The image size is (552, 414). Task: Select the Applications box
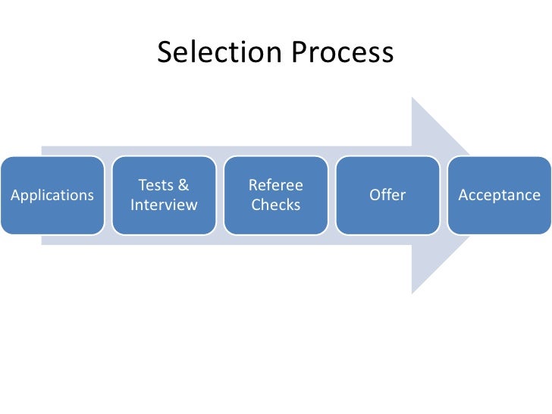(52, 195)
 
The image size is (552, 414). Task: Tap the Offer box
(387, 195)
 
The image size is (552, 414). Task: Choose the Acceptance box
(499, 195)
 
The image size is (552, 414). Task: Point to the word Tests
(155, 185)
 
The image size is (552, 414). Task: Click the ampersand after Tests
(183, 185)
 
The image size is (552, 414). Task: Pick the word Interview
(164, 205)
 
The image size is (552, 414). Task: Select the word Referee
(276, 185)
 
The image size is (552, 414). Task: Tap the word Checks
(276, 205)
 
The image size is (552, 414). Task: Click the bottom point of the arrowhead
(412, 292)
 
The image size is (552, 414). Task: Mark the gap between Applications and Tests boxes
(108, 195)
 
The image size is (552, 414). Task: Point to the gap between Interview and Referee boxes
(220, 195)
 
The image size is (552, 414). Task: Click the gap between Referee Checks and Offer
(332, 195)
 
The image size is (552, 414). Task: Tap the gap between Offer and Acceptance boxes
(444, 195)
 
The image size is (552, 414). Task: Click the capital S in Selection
(165, 52)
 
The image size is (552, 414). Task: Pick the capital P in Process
(296, 52)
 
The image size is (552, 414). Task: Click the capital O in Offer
(375, 195)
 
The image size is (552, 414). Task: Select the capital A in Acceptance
(463, 195)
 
